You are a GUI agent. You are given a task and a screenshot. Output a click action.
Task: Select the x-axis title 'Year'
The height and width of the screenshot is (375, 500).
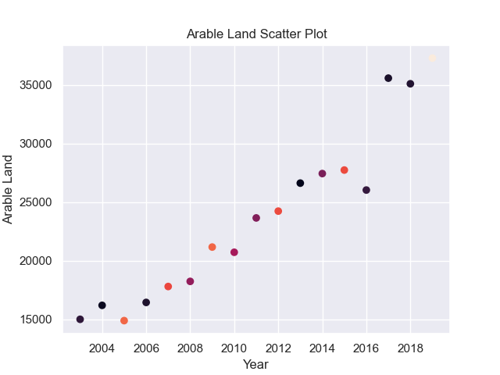point(255,364)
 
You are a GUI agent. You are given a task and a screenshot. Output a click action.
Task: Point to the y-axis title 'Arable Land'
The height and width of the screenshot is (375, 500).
point(9,189)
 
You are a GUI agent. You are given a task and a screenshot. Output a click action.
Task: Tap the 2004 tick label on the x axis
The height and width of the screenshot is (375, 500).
point(102,348)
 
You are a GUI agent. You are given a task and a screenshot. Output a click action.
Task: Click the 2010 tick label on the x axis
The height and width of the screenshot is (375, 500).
point(234,348)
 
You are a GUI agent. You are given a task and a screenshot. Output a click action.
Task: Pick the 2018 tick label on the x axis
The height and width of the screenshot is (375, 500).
point(410,348)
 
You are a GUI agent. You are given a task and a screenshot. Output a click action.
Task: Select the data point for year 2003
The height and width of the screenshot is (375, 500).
point(80,320)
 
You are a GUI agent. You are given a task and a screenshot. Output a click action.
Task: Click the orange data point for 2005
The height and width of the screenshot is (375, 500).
point(124,320)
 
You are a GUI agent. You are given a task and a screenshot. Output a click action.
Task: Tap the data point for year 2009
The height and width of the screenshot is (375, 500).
point(212,247)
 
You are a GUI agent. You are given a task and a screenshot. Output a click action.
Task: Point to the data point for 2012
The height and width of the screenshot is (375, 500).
point(278,211)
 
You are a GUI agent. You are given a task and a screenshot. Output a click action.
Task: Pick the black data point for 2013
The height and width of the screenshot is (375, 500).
point(300,183)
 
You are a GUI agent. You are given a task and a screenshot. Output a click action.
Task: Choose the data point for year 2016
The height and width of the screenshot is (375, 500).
point(366,190)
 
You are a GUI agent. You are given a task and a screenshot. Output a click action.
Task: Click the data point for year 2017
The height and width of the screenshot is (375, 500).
point(388,78)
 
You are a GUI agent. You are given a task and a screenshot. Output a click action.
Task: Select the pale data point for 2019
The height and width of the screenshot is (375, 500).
point(432,59)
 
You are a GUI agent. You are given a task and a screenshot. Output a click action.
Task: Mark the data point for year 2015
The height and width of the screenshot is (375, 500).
point(345,170)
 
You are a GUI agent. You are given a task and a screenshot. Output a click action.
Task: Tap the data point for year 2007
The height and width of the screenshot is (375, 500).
point(168,287)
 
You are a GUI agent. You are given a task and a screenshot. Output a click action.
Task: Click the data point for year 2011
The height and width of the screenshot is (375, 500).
point(256,218)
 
